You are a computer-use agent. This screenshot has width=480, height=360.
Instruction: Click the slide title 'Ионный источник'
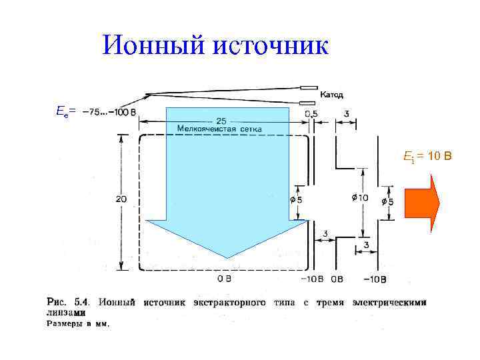216,45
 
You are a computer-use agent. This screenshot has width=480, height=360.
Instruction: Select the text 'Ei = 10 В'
427,157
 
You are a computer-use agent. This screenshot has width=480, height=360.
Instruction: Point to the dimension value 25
221,121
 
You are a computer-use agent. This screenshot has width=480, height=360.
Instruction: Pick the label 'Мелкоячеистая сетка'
219,128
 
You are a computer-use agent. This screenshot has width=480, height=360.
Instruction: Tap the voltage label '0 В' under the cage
224,277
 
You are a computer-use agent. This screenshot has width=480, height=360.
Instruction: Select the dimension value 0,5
311,113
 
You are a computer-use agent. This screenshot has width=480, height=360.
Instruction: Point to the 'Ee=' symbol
65,109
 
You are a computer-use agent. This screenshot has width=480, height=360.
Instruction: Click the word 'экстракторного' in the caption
229,302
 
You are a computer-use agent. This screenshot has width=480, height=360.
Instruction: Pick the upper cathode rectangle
308,87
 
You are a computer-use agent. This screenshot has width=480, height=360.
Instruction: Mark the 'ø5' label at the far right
387,202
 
